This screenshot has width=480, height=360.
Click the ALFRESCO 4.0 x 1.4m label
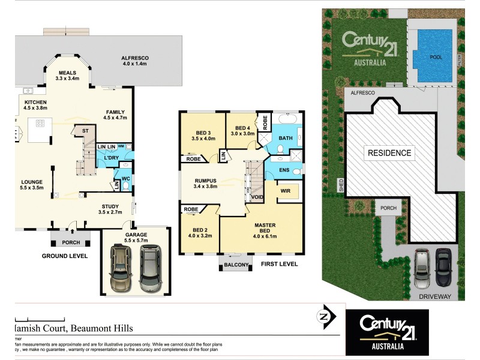(136, 61)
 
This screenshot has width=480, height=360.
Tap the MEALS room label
(67, 76)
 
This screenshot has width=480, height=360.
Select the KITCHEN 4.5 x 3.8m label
(35, 106)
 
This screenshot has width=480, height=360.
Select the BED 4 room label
(242, 131)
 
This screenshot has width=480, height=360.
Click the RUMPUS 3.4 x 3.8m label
(205, 183)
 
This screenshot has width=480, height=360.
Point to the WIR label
(285, 192)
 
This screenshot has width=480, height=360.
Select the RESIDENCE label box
(389, 153)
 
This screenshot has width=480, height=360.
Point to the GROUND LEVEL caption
(64, 256)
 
